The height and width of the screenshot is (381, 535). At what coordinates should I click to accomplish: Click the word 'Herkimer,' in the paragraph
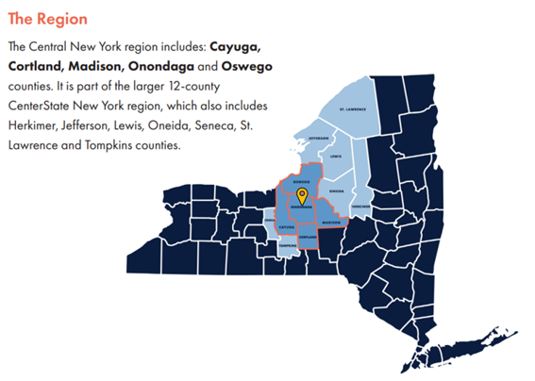[32, 126]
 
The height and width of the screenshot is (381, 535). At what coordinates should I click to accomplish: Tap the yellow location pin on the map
[302, 196]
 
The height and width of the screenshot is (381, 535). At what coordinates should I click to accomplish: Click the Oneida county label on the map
[338, 190]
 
